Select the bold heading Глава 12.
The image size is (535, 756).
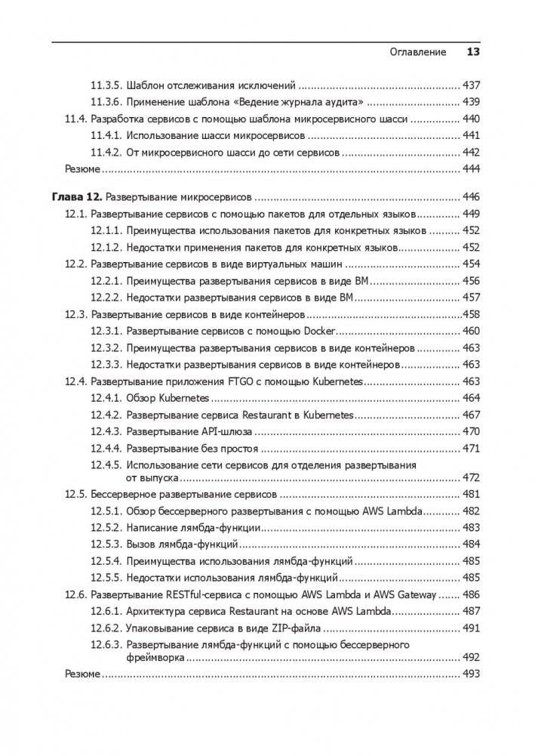76,196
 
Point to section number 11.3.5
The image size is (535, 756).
106,85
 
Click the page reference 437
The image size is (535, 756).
472,85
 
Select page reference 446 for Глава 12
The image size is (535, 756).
472,196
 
